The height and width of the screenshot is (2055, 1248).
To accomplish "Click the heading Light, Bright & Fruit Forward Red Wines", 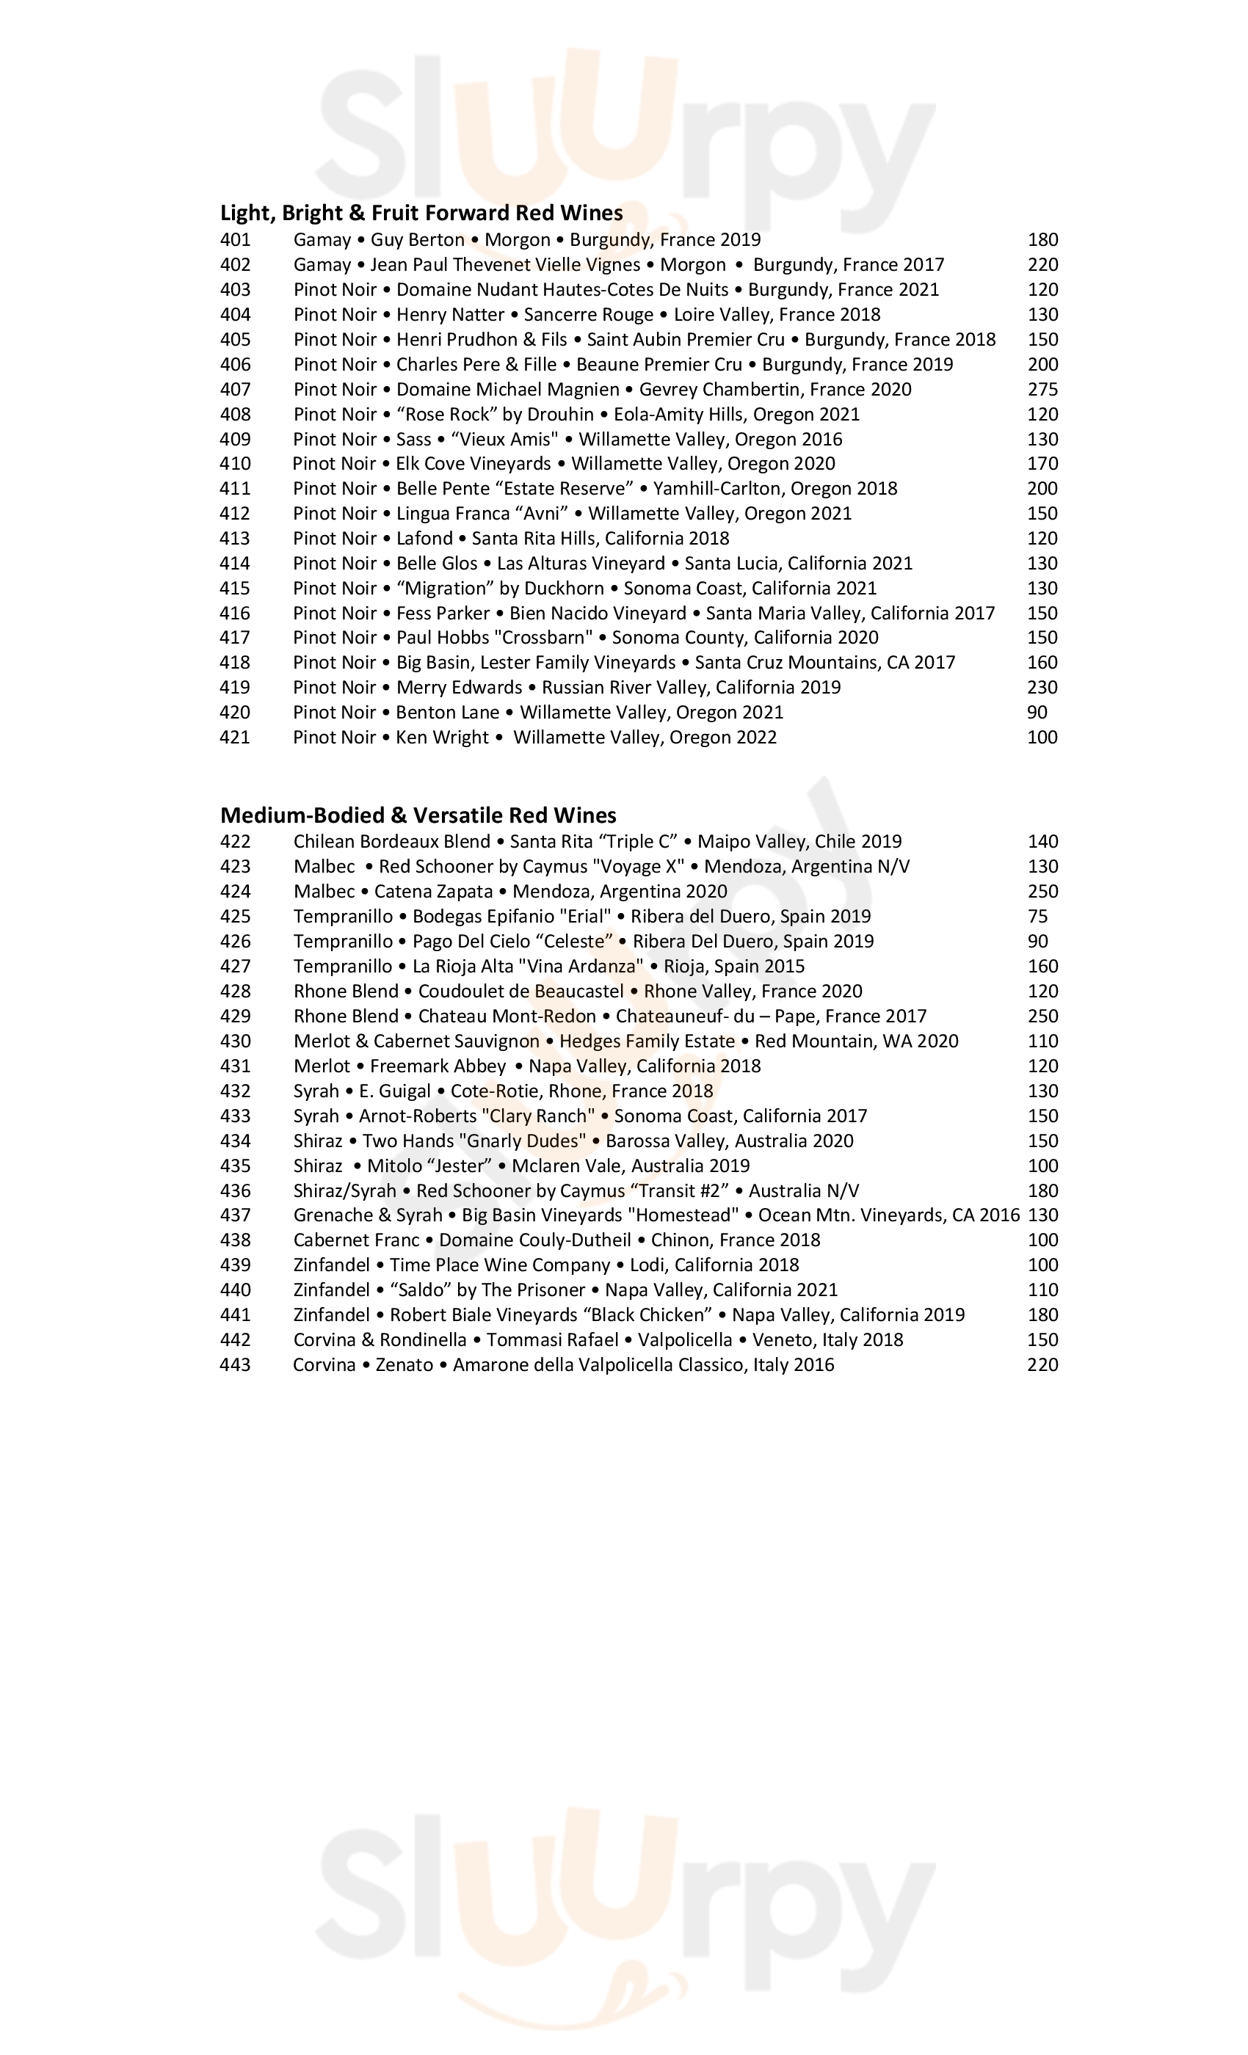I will [421, 214].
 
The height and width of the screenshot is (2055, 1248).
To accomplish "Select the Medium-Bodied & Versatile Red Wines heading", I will [418, 815].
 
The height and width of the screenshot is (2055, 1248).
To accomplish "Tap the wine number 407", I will [234, 390].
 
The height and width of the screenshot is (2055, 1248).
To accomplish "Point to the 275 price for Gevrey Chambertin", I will [1042, 390].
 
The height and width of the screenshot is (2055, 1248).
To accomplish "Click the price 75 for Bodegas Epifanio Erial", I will [1037, 917].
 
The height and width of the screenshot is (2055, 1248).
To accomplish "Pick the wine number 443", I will [234, 1365].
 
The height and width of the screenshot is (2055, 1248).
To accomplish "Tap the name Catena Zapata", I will [433, 892].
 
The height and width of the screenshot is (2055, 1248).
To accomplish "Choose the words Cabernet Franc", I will [356, 1240].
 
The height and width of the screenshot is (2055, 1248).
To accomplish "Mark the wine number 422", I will [234, 843].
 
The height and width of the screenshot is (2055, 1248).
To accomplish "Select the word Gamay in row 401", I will [322, 240].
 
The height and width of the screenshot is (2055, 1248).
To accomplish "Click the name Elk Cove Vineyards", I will [473, 464].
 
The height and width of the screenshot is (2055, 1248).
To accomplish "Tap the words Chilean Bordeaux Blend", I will [391, 843].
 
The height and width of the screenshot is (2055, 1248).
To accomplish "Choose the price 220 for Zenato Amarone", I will [1042, 1365].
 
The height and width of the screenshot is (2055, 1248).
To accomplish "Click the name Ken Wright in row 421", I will [442, 738].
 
